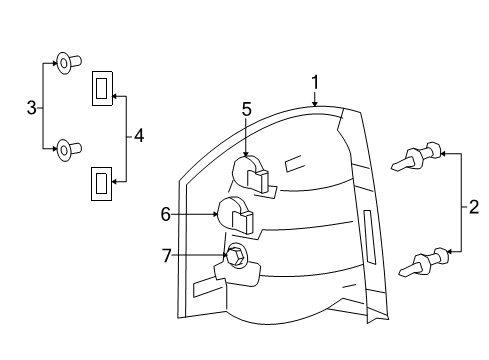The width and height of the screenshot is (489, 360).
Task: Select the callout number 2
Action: (x=473, y=209)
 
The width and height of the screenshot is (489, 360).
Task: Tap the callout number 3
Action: (x=31, y=106)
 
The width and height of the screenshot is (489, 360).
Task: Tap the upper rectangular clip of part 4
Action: (x=102, y=89)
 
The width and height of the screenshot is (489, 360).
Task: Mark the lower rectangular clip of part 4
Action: (x=102, y=182)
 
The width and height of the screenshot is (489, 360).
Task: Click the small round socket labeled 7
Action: (x=237, y=257)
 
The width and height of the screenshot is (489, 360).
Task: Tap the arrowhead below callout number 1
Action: (x=314, y=103)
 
